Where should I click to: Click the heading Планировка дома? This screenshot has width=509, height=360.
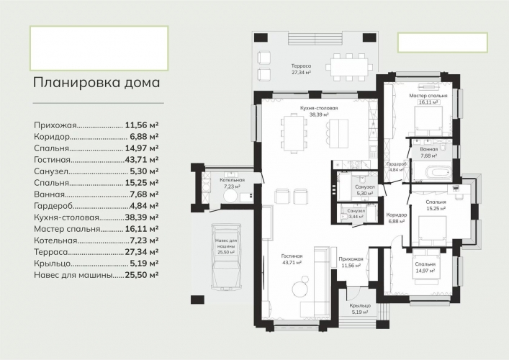pyautogui.click(x=96, y=83)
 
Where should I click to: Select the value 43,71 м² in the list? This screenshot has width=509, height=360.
pyautogui.click(x=142, y=160)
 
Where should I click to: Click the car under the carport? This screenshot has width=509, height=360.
pyautogui.click(x=226, y=256)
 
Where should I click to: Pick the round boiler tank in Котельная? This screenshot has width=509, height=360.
pyautogui.click(x=231, y=197)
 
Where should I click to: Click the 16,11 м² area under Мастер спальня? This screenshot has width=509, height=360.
pyautogui.click(x=428, y=102)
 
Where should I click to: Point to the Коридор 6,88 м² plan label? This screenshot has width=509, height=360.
pyautogui.click(x=396, y=218)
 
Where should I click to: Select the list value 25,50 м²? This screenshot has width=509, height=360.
pyautogui.click(x=142, y=275)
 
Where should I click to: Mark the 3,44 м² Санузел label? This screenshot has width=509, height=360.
pyautogui.click(x=356, y=214)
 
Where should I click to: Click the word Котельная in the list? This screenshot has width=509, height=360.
pyautogui.click(x=55, y=240)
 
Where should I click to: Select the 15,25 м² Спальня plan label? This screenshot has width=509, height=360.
pyautogui.click(x=436, y=205)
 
